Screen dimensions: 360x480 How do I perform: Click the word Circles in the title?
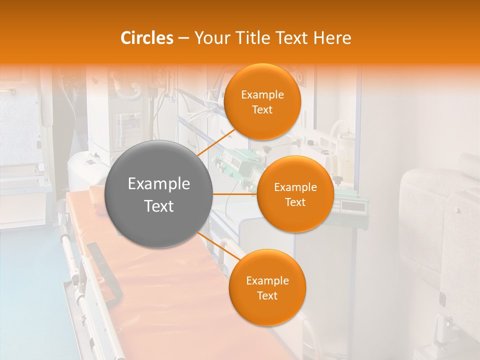(x=146, y=38)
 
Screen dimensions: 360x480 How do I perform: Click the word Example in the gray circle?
(x=158, y=184)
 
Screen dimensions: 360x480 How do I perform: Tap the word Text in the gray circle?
(x=158, y=206)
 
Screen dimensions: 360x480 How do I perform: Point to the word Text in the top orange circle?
(x=262, y=110)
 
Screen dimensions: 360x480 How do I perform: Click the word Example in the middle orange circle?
(x=295, y=187)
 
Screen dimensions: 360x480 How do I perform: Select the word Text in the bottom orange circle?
(x=267, y=296)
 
